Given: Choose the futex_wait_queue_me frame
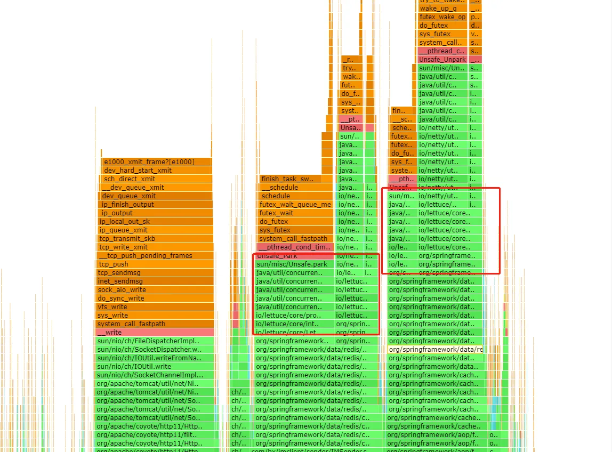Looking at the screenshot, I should [x=295, y=204].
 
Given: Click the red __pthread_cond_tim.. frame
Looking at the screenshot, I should [x=295, y=247].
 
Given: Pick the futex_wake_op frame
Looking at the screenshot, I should [x=442, y=17].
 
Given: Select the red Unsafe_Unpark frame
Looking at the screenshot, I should [x=442, y=59].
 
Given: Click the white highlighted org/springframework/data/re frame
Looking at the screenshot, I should [x=435, y=349].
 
